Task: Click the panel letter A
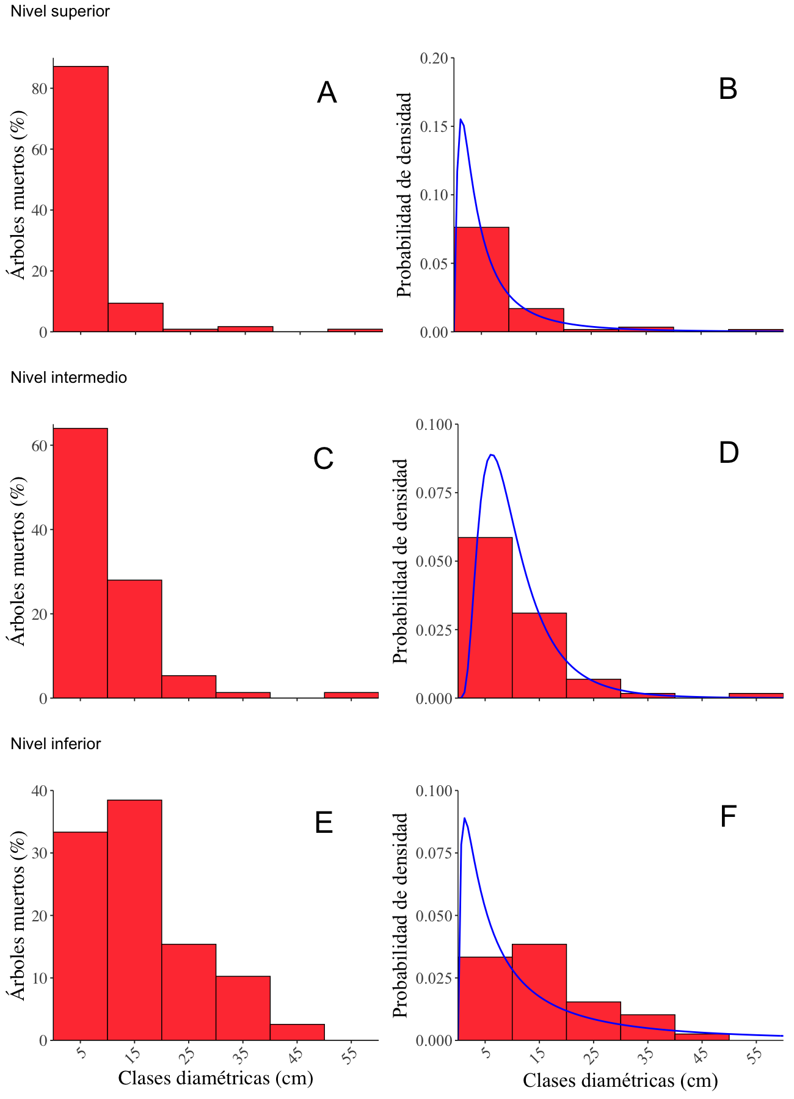click(x=327, y=93)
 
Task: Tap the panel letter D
click(x=729, y=453)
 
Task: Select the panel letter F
click(x=728, y=817)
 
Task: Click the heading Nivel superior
click(x=60, y=11)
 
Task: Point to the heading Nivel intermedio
click(x=68, y=377)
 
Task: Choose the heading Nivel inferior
click(x=56, y=744)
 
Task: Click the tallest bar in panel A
click(x=81, y=198)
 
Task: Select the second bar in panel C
click(x=134, y=639)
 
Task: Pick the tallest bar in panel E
click(x=134, y=919)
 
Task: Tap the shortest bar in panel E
click(x=297, y=1032)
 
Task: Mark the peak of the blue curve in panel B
click(x=461, y=120)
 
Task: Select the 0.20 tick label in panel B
click(x=434, y=58)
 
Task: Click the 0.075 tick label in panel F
click(x=434, y=853)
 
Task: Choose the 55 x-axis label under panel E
click(x=350, y=1056)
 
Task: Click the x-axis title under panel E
click(x=216, y=1078)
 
